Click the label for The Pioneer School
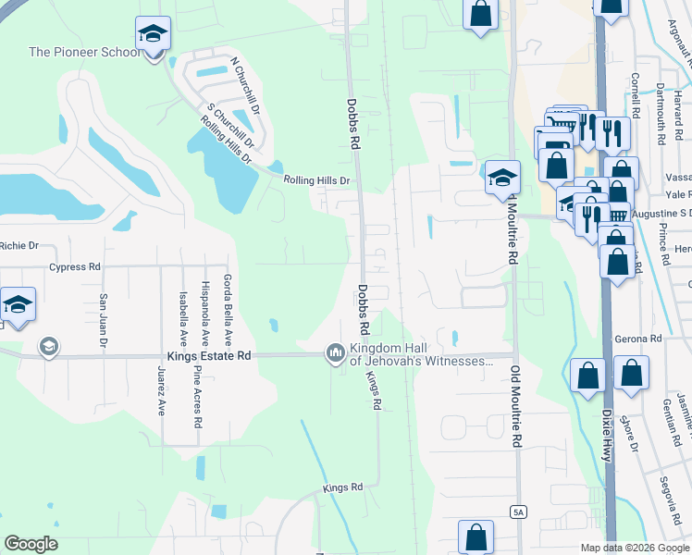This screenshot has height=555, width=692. pos(84,52)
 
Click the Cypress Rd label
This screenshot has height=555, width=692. pos(75,266)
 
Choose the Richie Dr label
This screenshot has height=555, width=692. pos(19,246)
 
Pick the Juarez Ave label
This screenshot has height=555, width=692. pos(161,392)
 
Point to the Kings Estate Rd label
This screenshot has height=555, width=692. pos(209,356)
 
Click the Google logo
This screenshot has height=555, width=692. pos(31,544)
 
